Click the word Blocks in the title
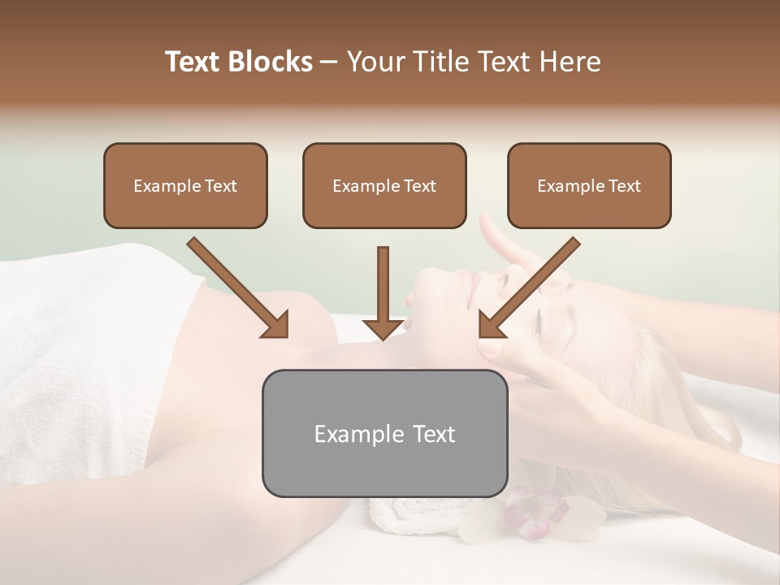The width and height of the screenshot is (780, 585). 270,62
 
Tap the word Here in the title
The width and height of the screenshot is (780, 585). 570,62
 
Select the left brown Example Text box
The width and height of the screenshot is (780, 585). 185,185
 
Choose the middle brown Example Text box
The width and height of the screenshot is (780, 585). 384,185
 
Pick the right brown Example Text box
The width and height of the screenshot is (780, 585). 589,185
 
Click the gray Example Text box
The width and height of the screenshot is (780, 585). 384,433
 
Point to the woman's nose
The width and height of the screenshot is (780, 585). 496,276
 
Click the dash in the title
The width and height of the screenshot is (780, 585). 329,62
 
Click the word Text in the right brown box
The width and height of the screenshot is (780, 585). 624,185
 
